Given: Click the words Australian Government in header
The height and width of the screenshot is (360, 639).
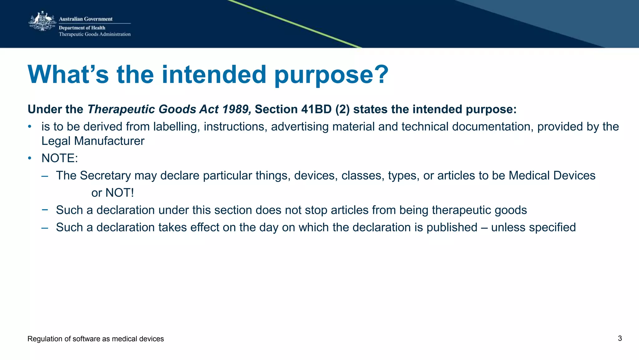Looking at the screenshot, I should [85, 19].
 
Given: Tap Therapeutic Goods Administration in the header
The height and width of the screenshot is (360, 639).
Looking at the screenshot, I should [95, 34].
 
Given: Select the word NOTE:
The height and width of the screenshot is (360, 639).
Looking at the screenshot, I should [60, 158].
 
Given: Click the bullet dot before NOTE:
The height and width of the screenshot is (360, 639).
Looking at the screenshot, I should [30, 158].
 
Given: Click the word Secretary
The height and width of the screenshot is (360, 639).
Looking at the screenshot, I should [105, 176].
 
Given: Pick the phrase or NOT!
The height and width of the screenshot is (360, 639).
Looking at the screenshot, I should [112, 193].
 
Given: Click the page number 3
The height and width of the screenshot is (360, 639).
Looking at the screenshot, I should [620, 338].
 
